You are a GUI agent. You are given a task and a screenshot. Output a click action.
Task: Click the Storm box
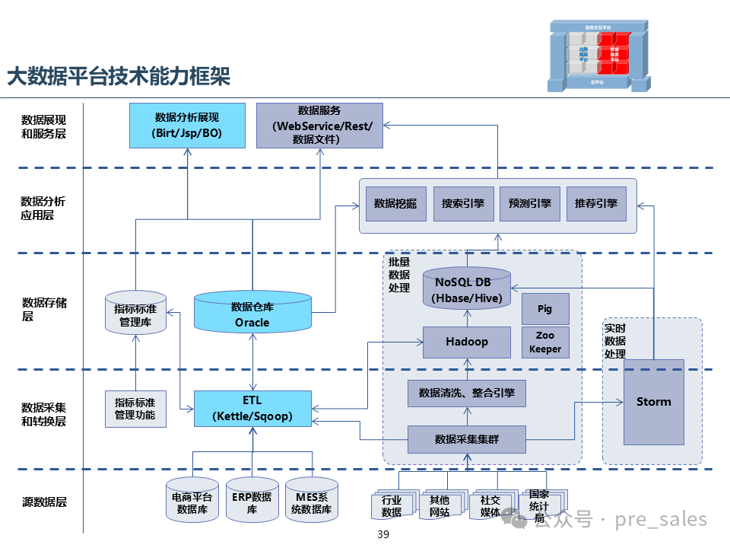653,402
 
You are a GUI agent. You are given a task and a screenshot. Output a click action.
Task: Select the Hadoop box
466,342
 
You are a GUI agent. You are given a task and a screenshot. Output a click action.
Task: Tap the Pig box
544,309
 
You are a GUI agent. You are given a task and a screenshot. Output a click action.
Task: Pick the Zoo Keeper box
544,342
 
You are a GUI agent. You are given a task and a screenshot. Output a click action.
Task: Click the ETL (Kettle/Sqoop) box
252,408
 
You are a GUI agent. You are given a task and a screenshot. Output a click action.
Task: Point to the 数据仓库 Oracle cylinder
252,313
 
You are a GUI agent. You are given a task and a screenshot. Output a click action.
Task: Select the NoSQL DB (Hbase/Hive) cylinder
467,290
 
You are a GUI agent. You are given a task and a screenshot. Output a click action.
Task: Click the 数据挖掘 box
395,204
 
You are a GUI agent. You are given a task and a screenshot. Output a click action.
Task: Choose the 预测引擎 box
529,204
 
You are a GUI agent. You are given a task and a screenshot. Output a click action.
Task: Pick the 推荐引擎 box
596,204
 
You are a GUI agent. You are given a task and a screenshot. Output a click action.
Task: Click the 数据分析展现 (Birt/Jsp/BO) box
187,125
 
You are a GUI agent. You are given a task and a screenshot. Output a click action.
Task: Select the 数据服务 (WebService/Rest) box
319,125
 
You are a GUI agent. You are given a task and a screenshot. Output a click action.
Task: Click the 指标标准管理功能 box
135,409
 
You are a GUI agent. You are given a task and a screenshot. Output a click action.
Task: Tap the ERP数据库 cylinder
252,503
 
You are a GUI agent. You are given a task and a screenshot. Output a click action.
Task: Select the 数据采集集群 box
467,439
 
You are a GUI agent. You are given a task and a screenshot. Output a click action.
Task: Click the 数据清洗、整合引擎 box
467,393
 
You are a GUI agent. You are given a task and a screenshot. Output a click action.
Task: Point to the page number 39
382,535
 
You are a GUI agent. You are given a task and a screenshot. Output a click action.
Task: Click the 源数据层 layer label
44,502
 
